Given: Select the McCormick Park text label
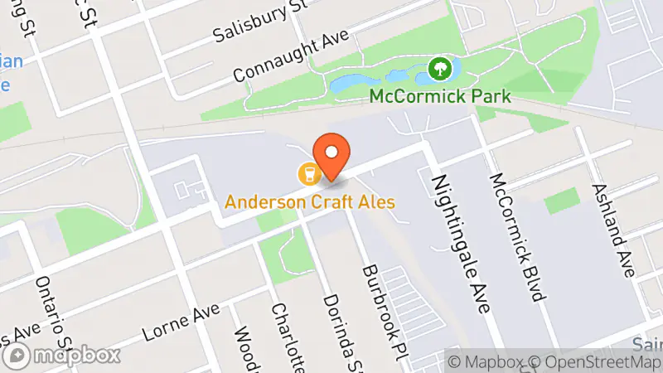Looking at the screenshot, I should (x=440, y=96).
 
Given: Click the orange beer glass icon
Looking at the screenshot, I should (x=308, y=173).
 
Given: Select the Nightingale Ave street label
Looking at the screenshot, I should (x=457, y=245).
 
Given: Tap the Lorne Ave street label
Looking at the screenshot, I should (x=181, y=322).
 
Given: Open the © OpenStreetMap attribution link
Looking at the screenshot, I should (x=598, y=362).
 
